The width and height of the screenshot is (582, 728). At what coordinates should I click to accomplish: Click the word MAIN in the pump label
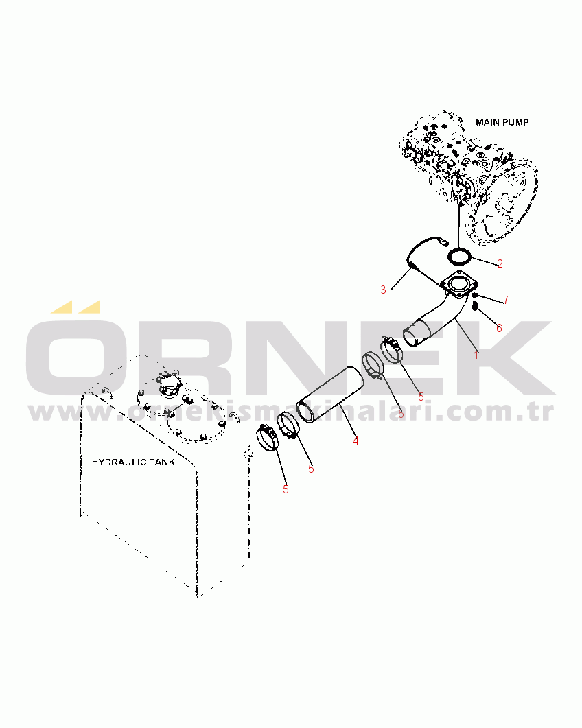coord(487,122)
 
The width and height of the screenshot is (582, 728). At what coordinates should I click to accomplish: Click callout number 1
coord(476,355)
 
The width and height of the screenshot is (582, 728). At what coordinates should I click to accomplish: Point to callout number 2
coord(500,263)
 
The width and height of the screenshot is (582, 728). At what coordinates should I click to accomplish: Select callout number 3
coord(383,290)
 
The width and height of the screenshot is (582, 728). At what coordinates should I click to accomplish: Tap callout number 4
coord(356,441)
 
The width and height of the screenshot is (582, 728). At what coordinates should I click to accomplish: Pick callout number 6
coord(500,328)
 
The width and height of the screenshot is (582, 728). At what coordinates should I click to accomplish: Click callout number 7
coord(506,300)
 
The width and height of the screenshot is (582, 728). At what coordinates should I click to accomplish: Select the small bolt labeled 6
coord(475,306)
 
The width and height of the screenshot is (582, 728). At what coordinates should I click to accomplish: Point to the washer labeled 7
coord(475,295)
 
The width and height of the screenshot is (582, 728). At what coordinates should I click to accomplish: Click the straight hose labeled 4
coord(330,395)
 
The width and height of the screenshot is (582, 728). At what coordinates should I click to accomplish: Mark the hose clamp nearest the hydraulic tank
coord(268,438)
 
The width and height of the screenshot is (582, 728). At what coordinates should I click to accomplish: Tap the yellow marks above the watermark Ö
coord(75,307)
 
